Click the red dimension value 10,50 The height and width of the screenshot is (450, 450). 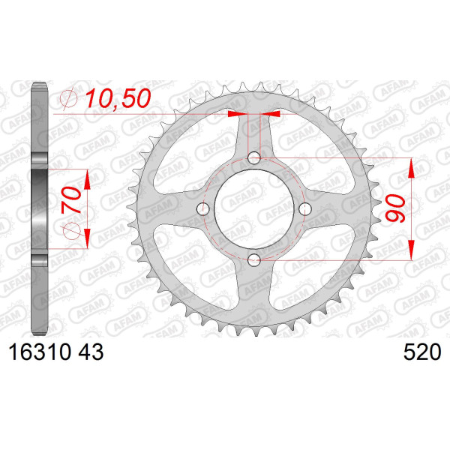[x=118, y=98]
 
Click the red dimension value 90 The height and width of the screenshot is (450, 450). [x=396, y=208]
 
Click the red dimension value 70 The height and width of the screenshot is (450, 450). [x=71, y=200]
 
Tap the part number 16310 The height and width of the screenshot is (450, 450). [x=40, y=352]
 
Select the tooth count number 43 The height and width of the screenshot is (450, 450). [x=91, y=352]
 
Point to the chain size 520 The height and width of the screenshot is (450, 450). [x=422, y=352]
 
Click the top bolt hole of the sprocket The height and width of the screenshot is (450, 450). [x=254, y=157]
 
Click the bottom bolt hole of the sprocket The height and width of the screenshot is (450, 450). [x=254, y=260]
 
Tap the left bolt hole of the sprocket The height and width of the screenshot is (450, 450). [x=203, y=209]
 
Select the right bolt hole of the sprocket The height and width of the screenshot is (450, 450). [x=305, y=209]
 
